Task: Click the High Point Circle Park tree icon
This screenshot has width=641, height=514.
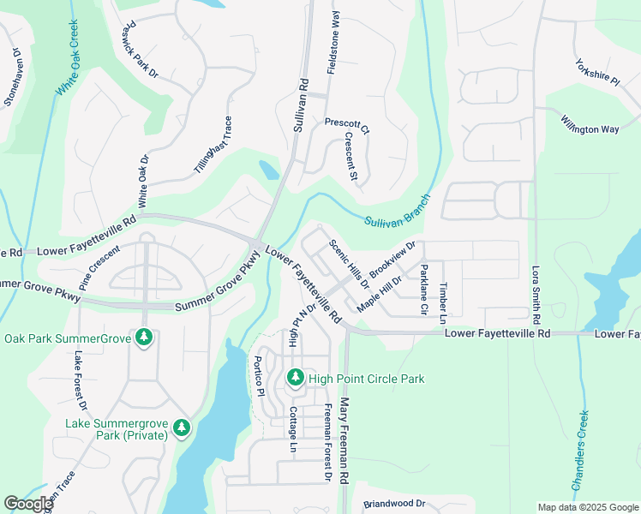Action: click(x=296, y=377)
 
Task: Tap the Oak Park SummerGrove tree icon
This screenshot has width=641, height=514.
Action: click(x=145, y=338)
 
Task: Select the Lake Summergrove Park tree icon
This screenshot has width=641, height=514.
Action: click(x=181, y=427)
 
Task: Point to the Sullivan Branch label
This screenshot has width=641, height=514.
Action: click(x=397, y=211)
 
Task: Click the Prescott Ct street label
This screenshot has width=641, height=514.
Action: click(x=346, y=127)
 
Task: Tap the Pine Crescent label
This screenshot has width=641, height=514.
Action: click(x=101, y=268)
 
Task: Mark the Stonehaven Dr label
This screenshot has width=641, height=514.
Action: click(x=13, y=79)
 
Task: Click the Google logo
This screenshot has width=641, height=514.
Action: click(x=28, y=504)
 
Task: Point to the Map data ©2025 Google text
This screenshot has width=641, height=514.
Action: click(x=586, y=507)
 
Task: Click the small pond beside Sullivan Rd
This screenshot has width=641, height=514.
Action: click(x=268, y=170)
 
